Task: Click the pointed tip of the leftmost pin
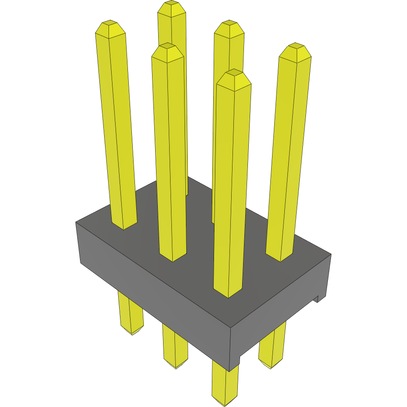click(109, 23)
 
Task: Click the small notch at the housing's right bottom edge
click(317, 300)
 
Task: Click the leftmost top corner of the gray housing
click(76, 222)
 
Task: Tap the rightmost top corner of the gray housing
click(331, 254)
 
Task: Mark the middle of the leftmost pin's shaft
click(116, 127)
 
